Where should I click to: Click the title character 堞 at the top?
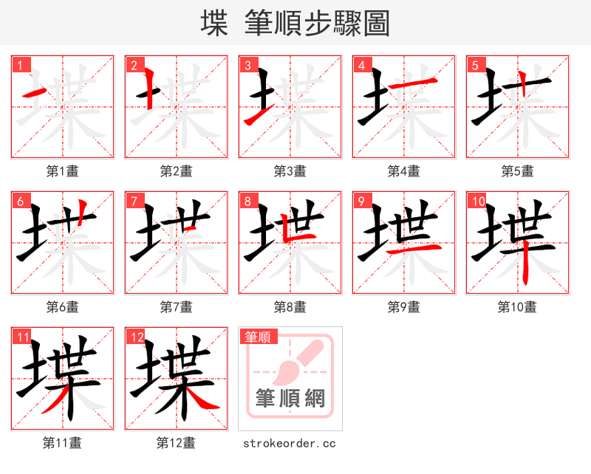coord(214,24)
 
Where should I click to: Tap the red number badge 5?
coord(475,65)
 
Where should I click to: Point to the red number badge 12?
coord(137,337)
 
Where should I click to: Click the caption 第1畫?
coord(63,171)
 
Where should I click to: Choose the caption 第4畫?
coord(404,171)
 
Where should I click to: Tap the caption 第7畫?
coord(177,307)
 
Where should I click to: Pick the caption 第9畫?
coord(404,307)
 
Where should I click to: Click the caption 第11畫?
coord(63,443)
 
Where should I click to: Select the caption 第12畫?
coord(177,443)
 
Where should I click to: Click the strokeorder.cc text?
coord(290,443)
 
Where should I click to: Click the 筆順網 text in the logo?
coord(290,399)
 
